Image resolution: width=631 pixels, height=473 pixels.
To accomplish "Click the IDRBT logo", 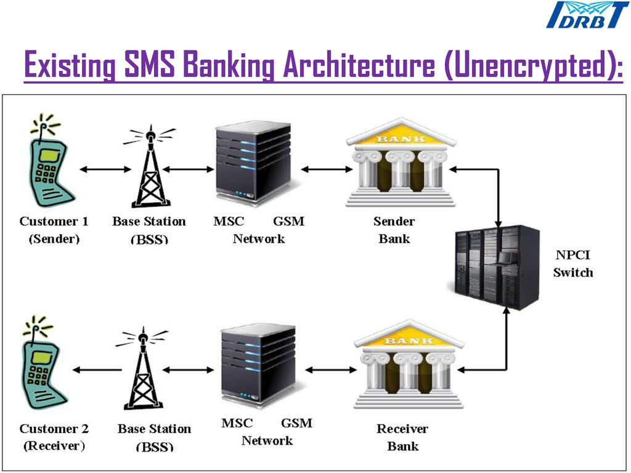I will coord(588,15).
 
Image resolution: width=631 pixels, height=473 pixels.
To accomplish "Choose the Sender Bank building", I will coord(401,163).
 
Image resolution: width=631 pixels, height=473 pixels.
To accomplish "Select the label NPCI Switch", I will coord(572,264).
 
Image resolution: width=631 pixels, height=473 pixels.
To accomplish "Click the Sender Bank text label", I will coord(394,230).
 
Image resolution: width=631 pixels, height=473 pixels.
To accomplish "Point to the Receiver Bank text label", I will coord(402,437).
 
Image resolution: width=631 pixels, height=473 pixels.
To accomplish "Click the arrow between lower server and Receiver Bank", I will coord(330,370).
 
